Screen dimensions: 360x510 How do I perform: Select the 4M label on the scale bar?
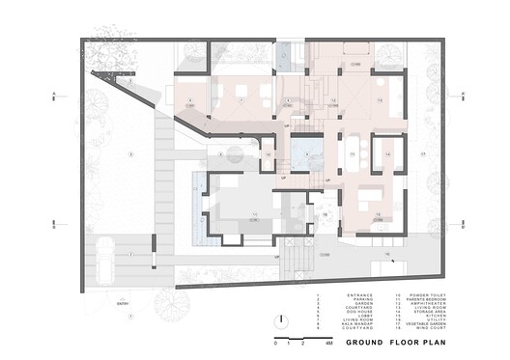[x=328, y=344]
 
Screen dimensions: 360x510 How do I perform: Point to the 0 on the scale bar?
[x=276, y=344]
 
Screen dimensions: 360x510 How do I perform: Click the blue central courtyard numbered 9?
[x=305, y=153]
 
